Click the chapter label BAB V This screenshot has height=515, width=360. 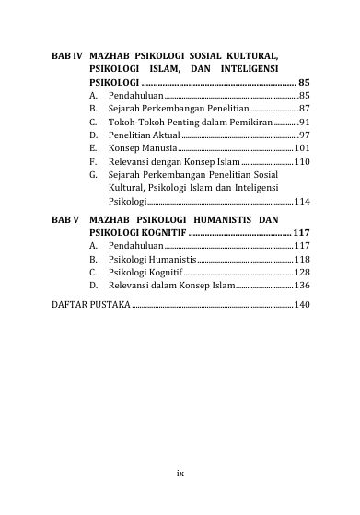click(64, 220)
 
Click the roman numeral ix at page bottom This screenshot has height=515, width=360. click(180, 473)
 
